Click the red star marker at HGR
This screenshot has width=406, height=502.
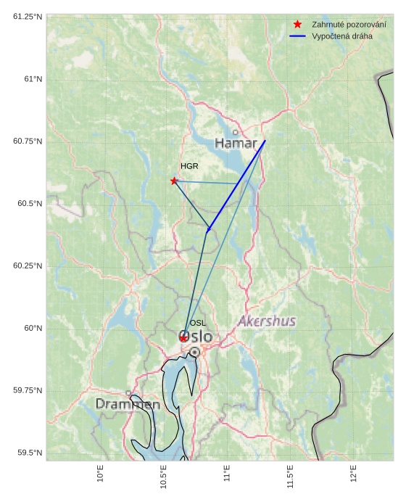coord(174,181)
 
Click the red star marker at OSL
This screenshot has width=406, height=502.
coord(184,338)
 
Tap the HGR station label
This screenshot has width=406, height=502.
coord(189,167)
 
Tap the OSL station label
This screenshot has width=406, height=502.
coord(198,323)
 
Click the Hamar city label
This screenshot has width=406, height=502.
coord(236,144)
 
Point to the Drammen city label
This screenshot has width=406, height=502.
coord(128,404)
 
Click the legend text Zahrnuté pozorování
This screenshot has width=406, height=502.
coord(349,24)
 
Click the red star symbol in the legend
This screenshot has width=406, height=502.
coord(297,24)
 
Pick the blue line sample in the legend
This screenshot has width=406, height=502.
coord(297,36)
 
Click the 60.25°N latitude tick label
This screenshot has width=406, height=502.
coord(27,266)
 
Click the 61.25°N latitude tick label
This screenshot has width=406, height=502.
coord(27,16)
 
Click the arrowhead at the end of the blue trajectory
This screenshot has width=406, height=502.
coord(208,231)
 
